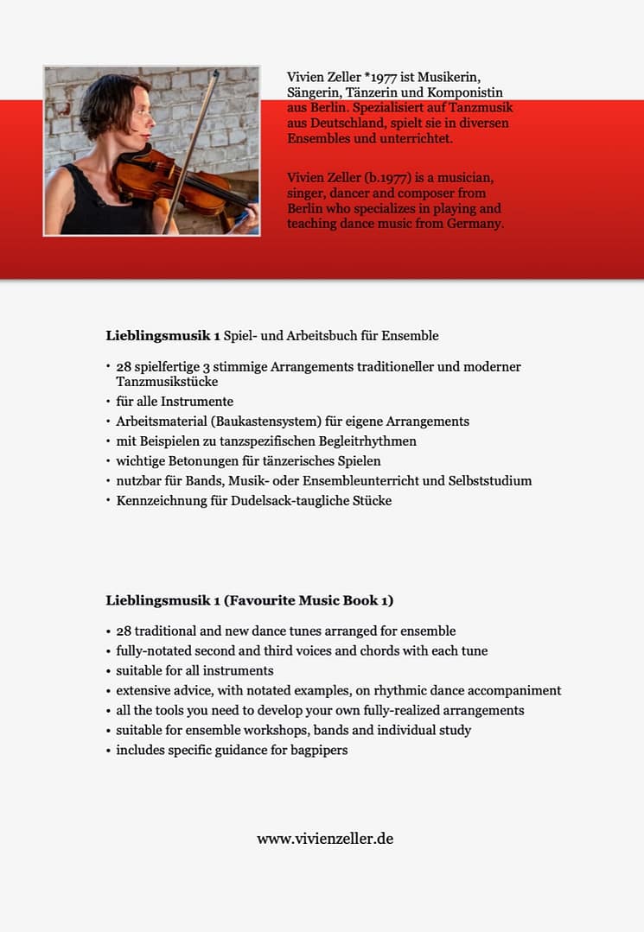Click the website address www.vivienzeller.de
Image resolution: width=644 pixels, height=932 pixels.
[x=325, y=839]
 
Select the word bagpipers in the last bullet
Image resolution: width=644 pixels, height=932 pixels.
[x=319, y=750]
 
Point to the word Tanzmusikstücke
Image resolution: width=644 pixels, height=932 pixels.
[x=167, y=381]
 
